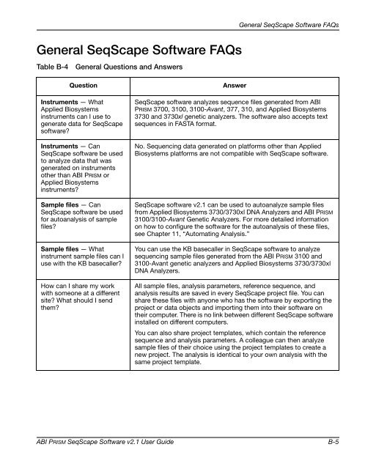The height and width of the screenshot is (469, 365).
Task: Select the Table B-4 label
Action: (43, 70)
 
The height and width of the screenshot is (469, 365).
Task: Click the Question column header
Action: (75, 86)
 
